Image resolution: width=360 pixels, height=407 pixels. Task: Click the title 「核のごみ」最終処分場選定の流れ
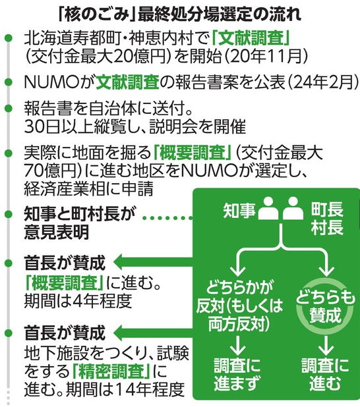coord(179,14)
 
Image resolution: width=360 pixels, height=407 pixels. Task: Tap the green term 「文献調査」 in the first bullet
coord(251,38)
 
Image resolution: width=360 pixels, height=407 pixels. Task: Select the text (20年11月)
coord(266,56)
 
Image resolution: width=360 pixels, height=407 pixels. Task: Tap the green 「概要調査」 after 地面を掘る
coord(193,153)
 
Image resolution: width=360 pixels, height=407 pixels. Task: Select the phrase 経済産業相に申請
coord(89,188)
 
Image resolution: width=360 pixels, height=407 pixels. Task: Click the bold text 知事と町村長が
coord(80,214)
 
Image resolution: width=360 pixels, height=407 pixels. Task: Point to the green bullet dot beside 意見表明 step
coord(9,215)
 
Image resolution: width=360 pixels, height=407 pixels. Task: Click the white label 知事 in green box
coord(239,211)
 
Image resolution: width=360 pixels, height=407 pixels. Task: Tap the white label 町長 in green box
coord(327,209)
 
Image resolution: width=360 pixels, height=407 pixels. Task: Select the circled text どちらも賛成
coord(326,306)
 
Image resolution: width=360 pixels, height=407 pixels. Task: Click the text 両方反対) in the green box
coord(239,323)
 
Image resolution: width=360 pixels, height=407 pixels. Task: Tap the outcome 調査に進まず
coord(237,374)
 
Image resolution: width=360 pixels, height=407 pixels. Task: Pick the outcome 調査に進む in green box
coord(326,374)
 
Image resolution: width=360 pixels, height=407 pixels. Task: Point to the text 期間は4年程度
coord(78,300)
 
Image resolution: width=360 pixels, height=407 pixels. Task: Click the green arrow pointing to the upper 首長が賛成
coord(154,262)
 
